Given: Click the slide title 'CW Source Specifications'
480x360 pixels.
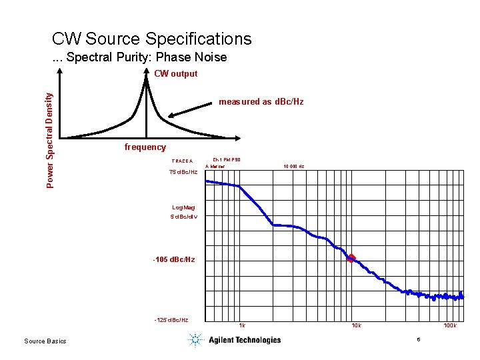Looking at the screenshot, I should point(151,39).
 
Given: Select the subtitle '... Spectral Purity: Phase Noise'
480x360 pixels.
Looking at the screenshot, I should point(139,57).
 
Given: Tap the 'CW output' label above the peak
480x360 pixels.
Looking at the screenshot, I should point(175,74).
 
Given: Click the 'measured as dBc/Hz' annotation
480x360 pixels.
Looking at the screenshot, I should point(261,102).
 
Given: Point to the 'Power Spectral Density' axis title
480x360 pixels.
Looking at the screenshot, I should point(51,139).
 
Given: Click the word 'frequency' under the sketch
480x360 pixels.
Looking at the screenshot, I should point(145,147).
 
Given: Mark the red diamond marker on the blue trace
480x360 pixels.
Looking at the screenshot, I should point(351,258).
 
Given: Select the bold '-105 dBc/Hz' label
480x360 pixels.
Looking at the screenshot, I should point(174,259).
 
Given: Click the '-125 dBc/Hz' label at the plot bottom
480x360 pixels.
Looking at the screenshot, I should point(171,320).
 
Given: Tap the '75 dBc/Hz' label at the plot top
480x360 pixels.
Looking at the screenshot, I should point(183,173).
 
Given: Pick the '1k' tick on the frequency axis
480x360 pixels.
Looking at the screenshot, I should point(242,326).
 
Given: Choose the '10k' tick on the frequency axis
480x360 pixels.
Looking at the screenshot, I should point(357,326).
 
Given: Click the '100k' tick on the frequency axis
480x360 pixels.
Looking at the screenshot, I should point(450,326).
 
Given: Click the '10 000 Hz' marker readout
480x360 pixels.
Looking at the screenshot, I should point(293,166).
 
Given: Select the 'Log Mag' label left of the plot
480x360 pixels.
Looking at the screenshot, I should point(183,208).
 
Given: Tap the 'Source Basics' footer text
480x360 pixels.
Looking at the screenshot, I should point(45,341).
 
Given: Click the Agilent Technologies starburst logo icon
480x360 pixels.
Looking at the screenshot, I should point(195,340).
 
